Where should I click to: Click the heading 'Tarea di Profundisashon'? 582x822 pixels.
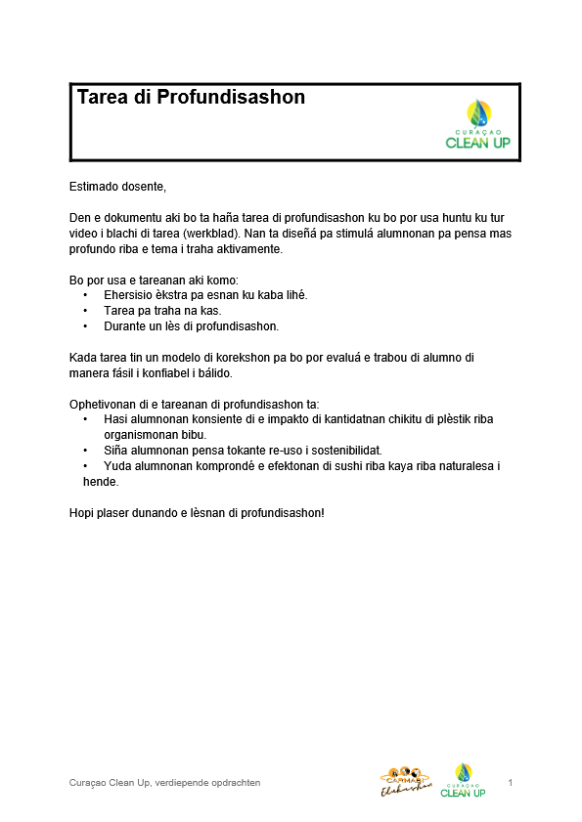[191, 98]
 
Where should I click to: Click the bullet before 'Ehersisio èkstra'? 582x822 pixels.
[85, 295]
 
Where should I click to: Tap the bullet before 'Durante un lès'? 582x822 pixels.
[85, 326]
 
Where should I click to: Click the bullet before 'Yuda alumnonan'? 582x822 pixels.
[85, 466]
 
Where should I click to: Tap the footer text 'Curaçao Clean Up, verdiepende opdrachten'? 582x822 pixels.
[164, 783]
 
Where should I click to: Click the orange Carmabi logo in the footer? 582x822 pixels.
[405, 782]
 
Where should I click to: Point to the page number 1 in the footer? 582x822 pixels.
[512, 783]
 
